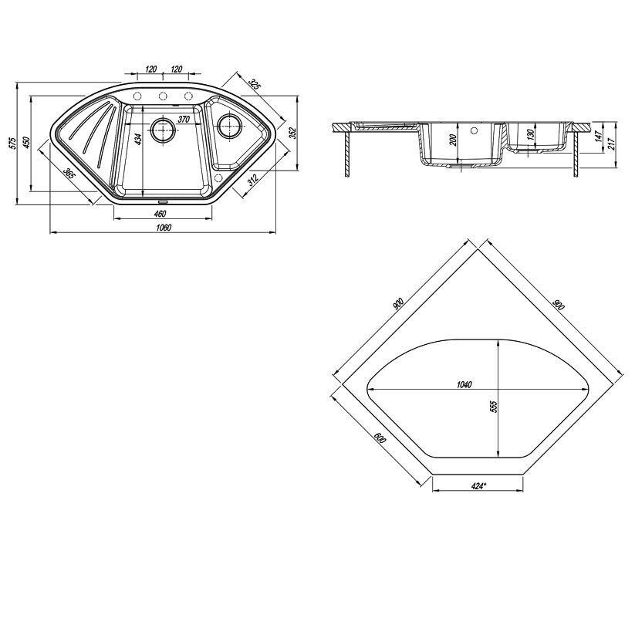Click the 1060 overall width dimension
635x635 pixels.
[164, 228]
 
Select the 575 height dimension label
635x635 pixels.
[12, 144]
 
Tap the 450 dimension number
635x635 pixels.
[26, 143]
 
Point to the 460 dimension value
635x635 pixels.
[160, 214]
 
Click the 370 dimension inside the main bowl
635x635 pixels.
[184, 120]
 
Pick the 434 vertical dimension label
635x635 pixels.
[139, 139]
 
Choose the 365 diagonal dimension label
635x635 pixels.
[69, 174]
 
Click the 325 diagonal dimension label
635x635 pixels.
[254, 84]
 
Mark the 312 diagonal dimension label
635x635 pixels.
[253, 180]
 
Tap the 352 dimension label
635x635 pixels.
[293, 133]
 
